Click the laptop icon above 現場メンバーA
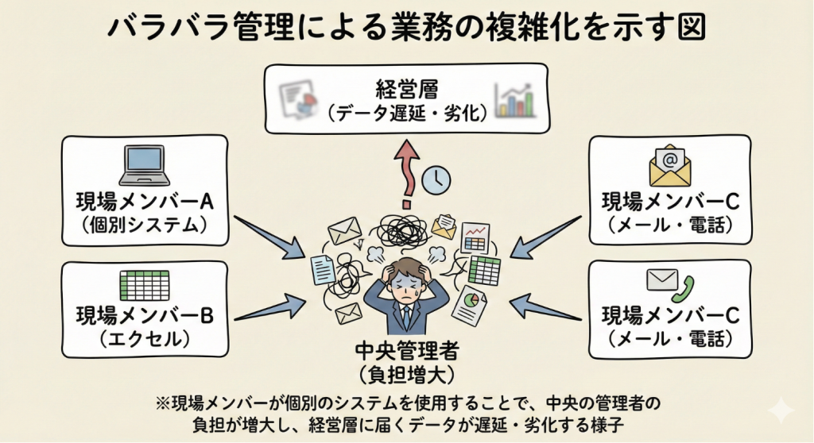point(145,164)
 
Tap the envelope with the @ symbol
point(669,165)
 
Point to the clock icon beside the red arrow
point(436,180)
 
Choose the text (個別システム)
point(145,225)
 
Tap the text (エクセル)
point(144,340)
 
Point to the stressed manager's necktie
point(406,317)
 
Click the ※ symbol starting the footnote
point(164,403)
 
